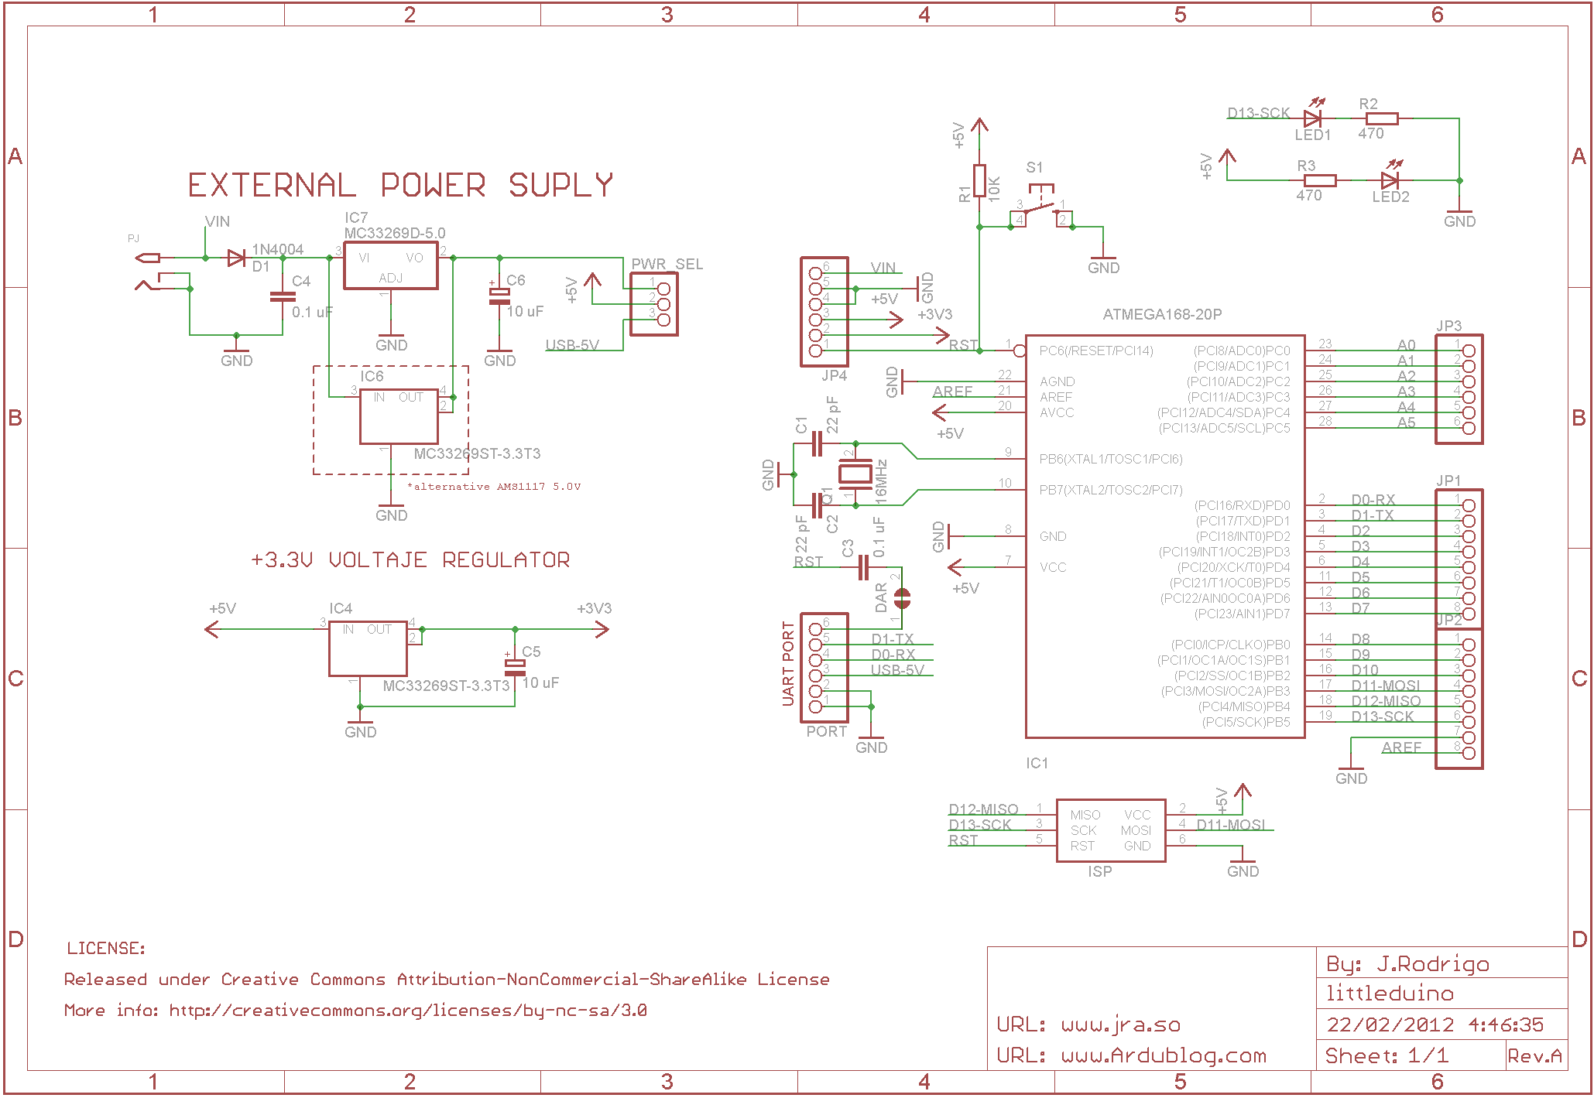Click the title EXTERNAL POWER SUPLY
[x=400, y=186]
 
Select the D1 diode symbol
[x=236, y=258]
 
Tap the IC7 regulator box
[x=390, y=266]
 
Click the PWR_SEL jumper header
[x=654, y=304]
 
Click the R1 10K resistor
[x=979, y=181]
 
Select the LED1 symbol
[x=1311, y=118]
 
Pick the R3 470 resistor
[x=1319, y=180]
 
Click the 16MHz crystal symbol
[x=855, y=474]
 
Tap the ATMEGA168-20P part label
[x=1161, y=315]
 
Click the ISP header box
[x=1110, y=830]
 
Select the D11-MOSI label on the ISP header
[x=1230, y=825]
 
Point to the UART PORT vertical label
[x=788, y=663]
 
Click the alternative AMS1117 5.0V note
[x=493, y=487]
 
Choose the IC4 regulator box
[x=368, y=648]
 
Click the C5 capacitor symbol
[x=515, y=668]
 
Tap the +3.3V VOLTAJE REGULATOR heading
[x=410, y=560]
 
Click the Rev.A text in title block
[x=1534, y=1055]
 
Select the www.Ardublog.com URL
[x=1164, y=1056]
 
